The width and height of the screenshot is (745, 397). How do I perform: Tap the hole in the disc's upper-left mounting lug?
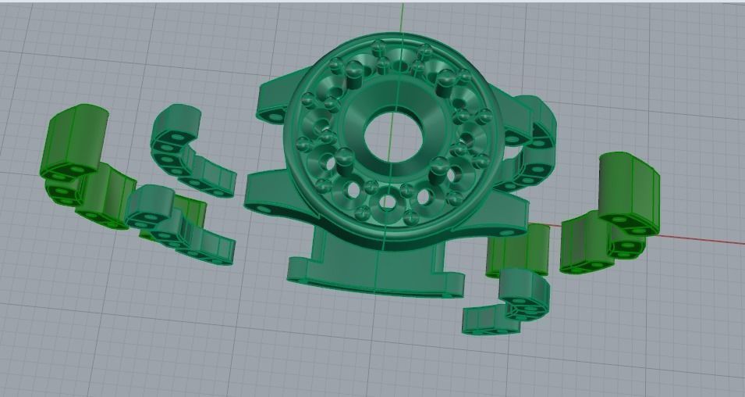(x=273, y=114)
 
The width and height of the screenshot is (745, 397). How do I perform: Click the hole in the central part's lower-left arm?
(x=260, y=208)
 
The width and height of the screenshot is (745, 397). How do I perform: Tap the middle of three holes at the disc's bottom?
(x=387, y=204)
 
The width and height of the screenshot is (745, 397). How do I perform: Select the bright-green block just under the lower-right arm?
(x=518, y=249)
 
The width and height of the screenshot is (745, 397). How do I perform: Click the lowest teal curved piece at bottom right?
(x=491, y=319)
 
